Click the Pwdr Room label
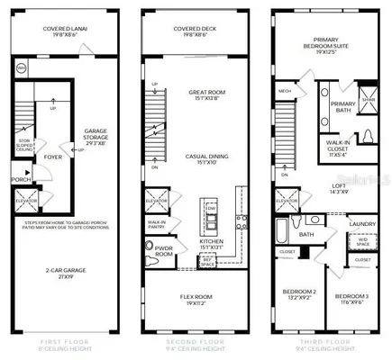point(162,253)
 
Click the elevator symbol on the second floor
point(157,195)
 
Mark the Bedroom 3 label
point(352,296)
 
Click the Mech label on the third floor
point(285,91)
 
